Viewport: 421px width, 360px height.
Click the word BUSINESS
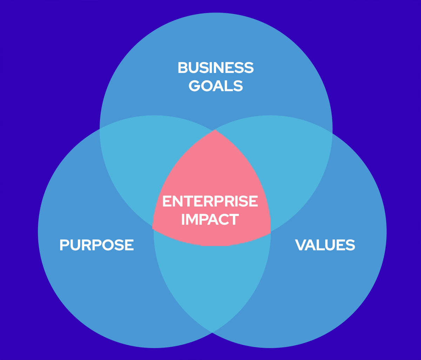pos(215,68)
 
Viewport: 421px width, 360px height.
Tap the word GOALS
pos(215,86)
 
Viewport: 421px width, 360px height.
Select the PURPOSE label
pos(96,245)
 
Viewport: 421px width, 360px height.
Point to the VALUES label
pos(325,245)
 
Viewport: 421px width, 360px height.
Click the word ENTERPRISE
pos(210,202)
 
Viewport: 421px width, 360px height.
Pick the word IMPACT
pos(210,219)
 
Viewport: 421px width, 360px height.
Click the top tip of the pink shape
pos(215,130)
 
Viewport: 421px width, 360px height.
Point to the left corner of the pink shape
pos(153,228)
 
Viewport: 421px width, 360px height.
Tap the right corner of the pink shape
pos(270,232)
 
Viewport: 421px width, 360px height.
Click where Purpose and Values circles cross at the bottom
pos(212,332)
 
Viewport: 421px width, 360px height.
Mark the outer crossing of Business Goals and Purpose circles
pos(100,129)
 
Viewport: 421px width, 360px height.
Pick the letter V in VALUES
pos(300,245)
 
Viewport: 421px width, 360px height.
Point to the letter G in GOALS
pos(195,86)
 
